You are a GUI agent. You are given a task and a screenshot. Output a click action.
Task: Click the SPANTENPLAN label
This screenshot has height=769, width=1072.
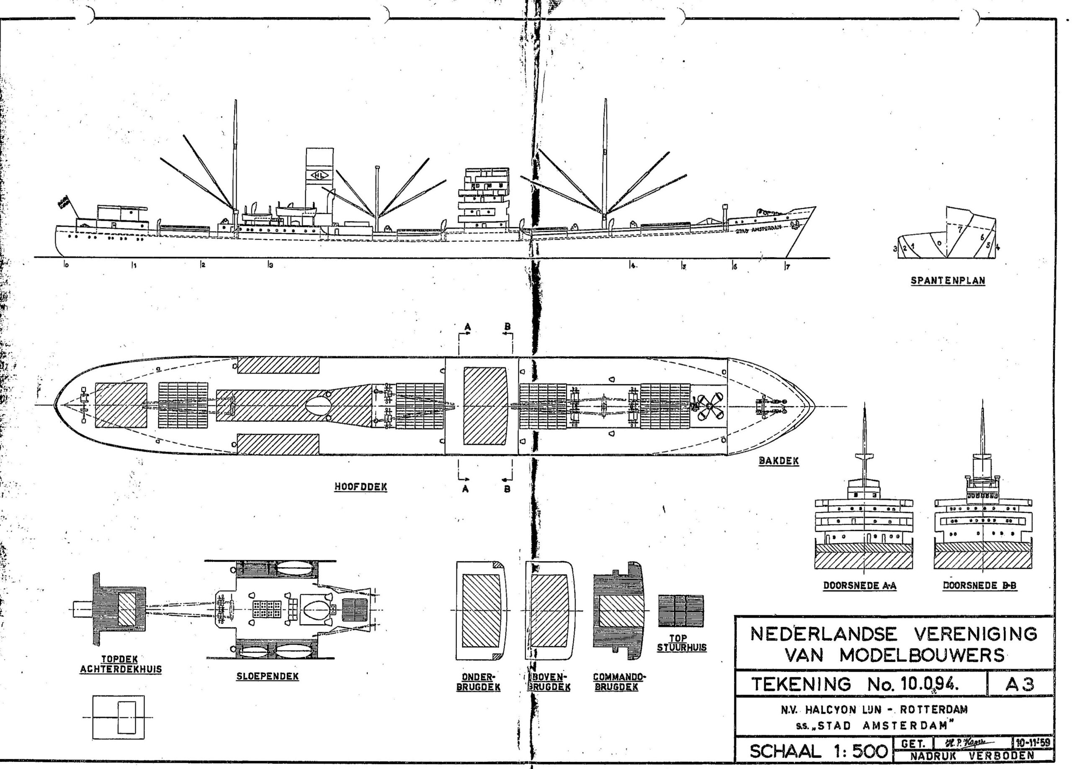pos(948,280)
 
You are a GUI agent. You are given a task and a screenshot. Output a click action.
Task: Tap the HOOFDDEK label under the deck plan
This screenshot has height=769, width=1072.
pos(361,487)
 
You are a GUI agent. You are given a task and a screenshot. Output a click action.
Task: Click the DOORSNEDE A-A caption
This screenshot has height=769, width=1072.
pos(860,586)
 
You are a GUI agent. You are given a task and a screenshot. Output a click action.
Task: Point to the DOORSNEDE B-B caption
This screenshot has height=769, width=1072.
pos(980,586)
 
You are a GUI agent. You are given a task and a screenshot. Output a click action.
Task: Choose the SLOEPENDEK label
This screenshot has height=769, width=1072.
pos(268,676)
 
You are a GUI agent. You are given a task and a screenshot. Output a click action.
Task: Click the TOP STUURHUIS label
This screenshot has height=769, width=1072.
pos(681,643)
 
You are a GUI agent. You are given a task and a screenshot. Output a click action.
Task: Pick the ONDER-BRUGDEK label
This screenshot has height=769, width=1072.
pos(478,681)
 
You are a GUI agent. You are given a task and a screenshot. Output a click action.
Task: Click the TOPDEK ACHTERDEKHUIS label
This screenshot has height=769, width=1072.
pos(121,664)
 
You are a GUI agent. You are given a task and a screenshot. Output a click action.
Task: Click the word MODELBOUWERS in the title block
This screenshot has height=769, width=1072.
pos(922,655)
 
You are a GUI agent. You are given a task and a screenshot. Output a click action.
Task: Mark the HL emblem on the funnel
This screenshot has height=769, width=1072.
pos(320,175)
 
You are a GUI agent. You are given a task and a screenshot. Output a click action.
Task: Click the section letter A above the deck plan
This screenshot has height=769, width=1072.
pos(467,326)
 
